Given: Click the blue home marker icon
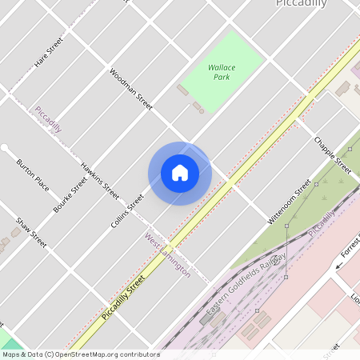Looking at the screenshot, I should pyautogui.click(x=180, y=173).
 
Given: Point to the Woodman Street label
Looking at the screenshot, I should pyautogui.click(x=131, y=89).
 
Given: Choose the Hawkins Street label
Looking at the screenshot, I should pyautogui.click(x=100, y=181).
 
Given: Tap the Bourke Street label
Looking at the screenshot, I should pyautogui.click(x=70, y=194).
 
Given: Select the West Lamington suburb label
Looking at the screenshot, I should pyautogui.click(x=167, y=255).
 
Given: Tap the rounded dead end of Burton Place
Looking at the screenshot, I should pyautogui.click(x=5, y=148).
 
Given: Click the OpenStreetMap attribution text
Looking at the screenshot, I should pyautogui.click(x=80, y=354).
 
